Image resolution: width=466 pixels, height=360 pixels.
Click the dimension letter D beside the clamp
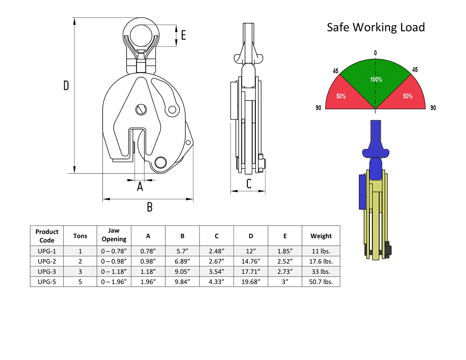(66, 85)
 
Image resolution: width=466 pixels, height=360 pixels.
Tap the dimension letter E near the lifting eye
(183, 35)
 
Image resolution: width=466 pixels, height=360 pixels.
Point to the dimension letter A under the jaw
(140, 187)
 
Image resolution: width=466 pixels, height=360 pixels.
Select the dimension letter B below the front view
(150, 207)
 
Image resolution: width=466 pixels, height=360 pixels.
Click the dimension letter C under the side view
(249, 184)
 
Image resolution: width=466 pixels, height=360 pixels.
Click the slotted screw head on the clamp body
(141, 110)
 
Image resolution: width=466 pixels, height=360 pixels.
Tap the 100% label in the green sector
(376, 79)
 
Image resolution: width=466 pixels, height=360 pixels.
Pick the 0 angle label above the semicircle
(375, 53)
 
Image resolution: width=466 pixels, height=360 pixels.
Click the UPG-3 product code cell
(47, 271)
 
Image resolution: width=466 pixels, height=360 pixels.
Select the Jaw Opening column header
(114, 235)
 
